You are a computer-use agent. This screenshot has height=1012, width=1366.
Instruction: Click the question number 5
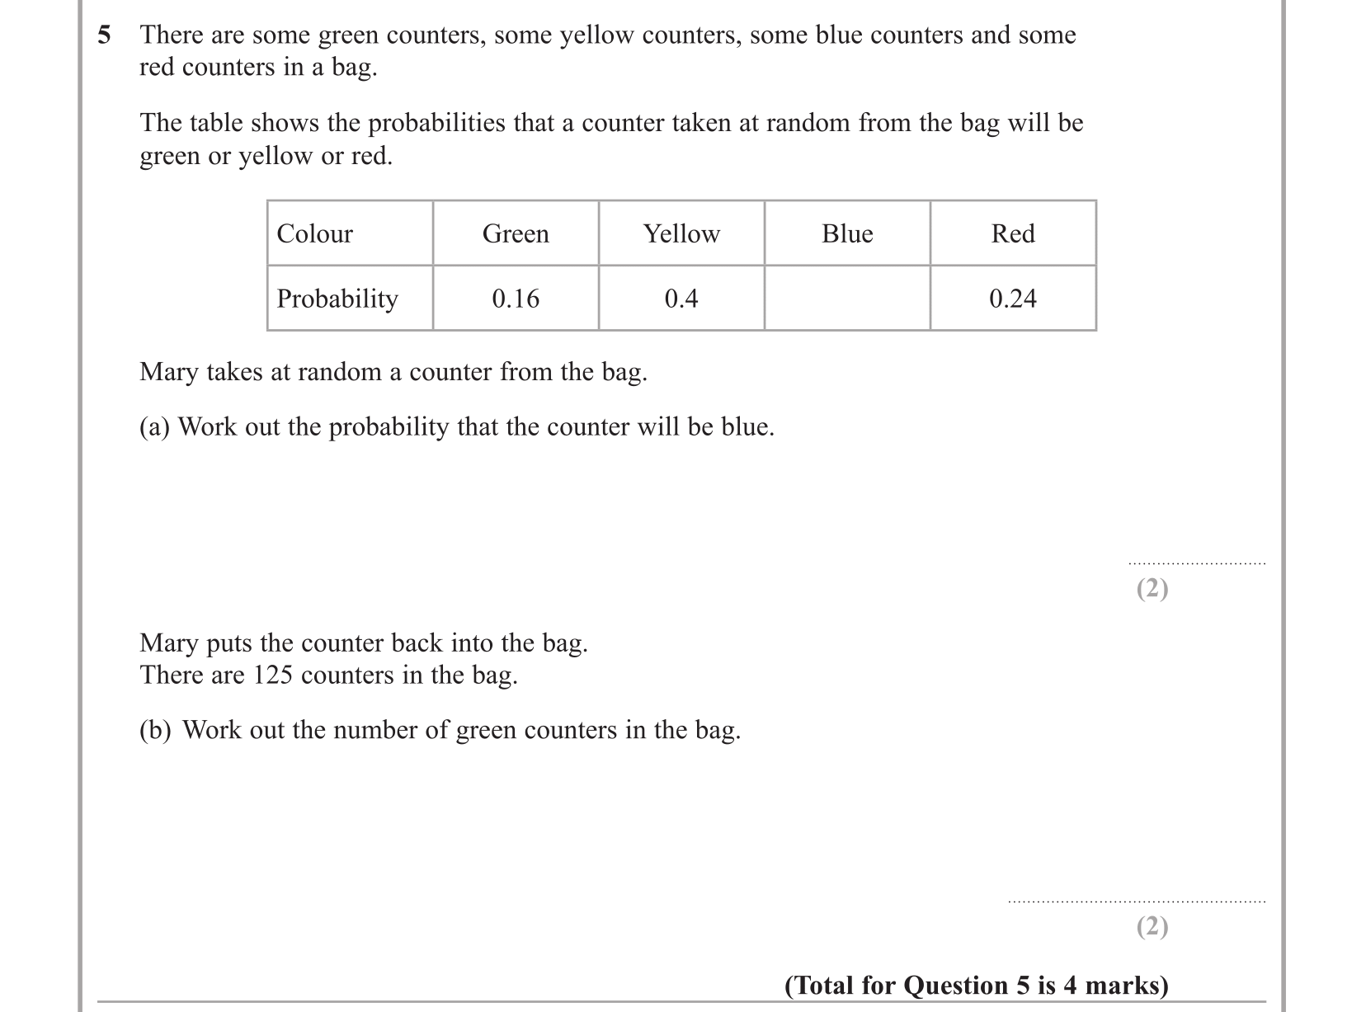104,35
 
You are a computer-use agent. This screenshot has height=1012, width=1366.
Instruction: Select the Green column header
516,233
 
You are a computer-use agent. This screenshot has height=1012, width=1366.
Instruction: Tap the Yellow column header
681,233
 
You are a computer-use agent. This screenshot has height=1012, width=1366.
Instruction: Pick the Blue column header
847,233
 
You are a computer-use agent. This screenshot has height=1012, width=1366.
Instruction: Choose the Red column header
1013,233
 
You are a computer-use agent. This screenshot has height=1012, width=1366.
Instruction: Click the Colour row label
314,233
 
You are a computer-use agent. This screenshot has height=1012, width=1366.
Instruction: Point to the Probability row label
337,299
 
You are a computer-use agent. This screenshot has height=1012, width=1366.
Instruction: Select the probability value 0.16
516,299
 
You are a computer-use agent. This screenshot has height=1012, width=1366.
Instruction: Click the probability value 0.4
681,299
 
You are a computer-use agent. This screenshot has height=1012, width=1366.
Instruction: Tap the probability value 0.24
1013,299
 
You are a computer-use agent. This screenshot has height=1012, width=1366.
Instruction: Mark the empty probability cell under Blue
847,299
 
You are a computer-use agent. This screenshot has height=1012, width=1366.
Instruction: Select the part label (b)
155,731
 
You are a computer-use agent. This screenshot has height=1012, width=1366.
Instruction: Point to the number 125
272,675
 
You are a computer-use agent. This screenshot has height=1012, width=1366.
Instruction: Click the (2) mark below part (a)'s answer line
1152,588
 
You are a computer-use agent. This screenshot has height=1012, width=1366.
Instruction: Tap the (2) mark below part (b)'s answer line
1152,927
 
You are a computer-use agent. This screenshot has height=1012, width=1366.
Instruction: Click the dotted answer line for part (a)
1196,564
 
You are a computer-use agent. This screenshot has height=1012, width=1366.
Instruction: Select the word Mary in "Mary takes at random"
168,373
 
